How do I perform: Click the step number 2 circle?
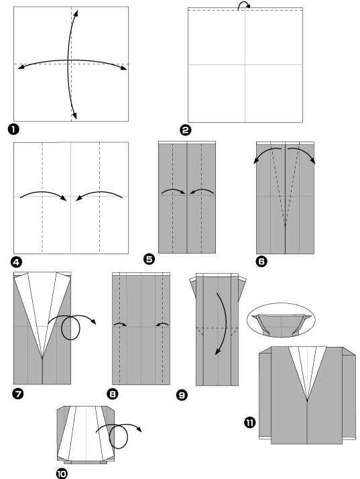186,129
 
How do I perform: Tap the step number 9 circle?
182,395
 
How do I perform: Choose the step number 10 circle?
62,473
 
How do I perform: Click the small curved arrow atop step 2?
245,5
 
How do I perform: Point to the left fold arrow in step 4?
43,195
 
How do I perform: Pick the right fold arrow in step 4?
99,195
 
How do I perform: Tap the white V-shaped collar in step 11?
308,372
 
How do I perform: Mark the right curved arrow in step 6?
303,154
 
